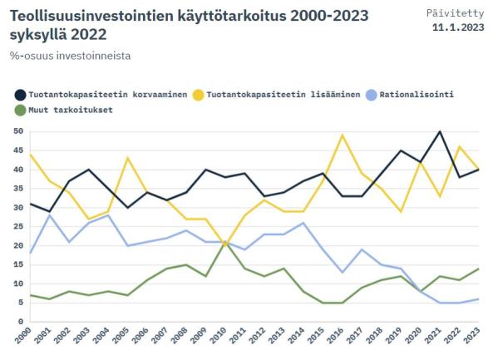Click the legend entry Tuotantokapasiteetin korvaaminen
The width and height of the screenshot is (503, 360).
[x=104, y=95]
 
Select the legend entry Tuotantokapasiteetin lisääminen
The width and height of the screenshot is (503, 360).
[x=279, y=95]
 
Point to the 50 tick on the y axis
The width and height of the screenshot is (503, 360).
[x=17, y=131]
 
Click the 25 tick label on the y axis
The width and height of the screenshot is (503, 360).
[x=17, y=227]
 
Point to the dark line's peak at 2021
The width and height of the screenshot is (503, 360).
[x=440, y=131]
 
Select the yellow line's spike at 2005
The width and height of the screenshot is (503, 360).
[x=127, y=158]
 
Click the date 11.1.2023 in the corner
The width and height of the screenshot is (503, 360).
[x=459, y=27]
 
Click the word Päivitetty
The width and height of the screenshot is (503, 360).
[x=460, y=13]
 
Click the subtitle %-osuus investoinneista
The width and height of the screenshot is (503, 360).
[x=71, y=56]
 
